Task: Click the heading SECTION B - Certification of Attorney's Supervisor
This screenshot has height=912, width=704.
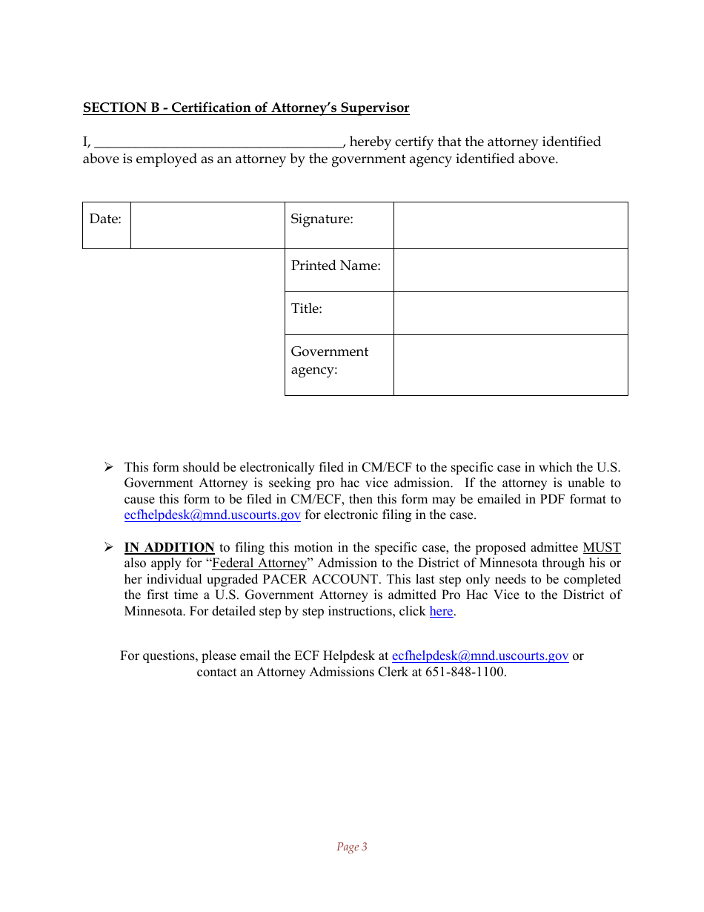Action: (245, 108)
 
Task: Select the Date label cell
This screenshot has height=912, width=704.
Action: (106, 219)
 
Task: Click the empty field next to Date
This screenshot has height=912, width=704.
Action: (207, 225)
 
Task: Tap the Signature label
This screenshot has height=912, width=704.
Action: (322, 219)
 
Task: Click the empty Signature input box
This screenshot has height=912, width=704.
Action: (511, 225)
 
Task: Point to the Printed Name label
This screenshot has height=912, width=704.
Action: (336, 265)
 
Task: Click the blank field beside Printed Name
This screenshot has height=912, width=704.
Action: (511, 270)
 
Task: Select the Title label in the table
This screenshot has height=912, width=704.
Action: (306, 308)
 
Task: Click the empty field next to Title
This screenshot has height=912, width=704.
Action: (511, 313)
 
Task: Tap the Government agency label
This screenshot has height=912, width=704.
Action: (329, 360)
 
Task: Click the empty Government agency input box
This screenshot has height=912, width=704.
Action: (511, 365)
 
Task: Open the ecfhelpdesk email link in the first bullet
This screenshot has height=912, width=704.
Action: (212, 515)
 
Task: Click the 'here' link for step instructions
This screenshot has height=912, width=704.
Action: (441, 612)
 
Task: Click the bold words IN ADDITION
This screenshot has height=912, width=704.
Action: (169, 548)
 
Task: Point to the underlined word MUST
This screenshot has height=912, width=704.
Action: (601, 548)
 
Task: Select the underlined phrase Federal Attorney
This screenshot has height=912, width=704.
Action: (259, 564)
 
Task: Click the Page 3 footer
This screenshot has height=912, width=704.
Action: (352, 847)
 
